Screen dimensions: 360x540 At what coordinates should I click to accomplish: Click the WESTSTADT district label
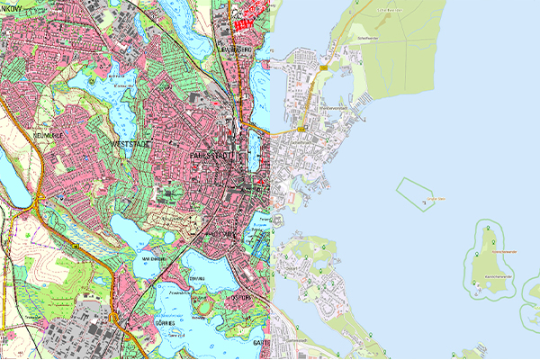pos(128,143)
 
